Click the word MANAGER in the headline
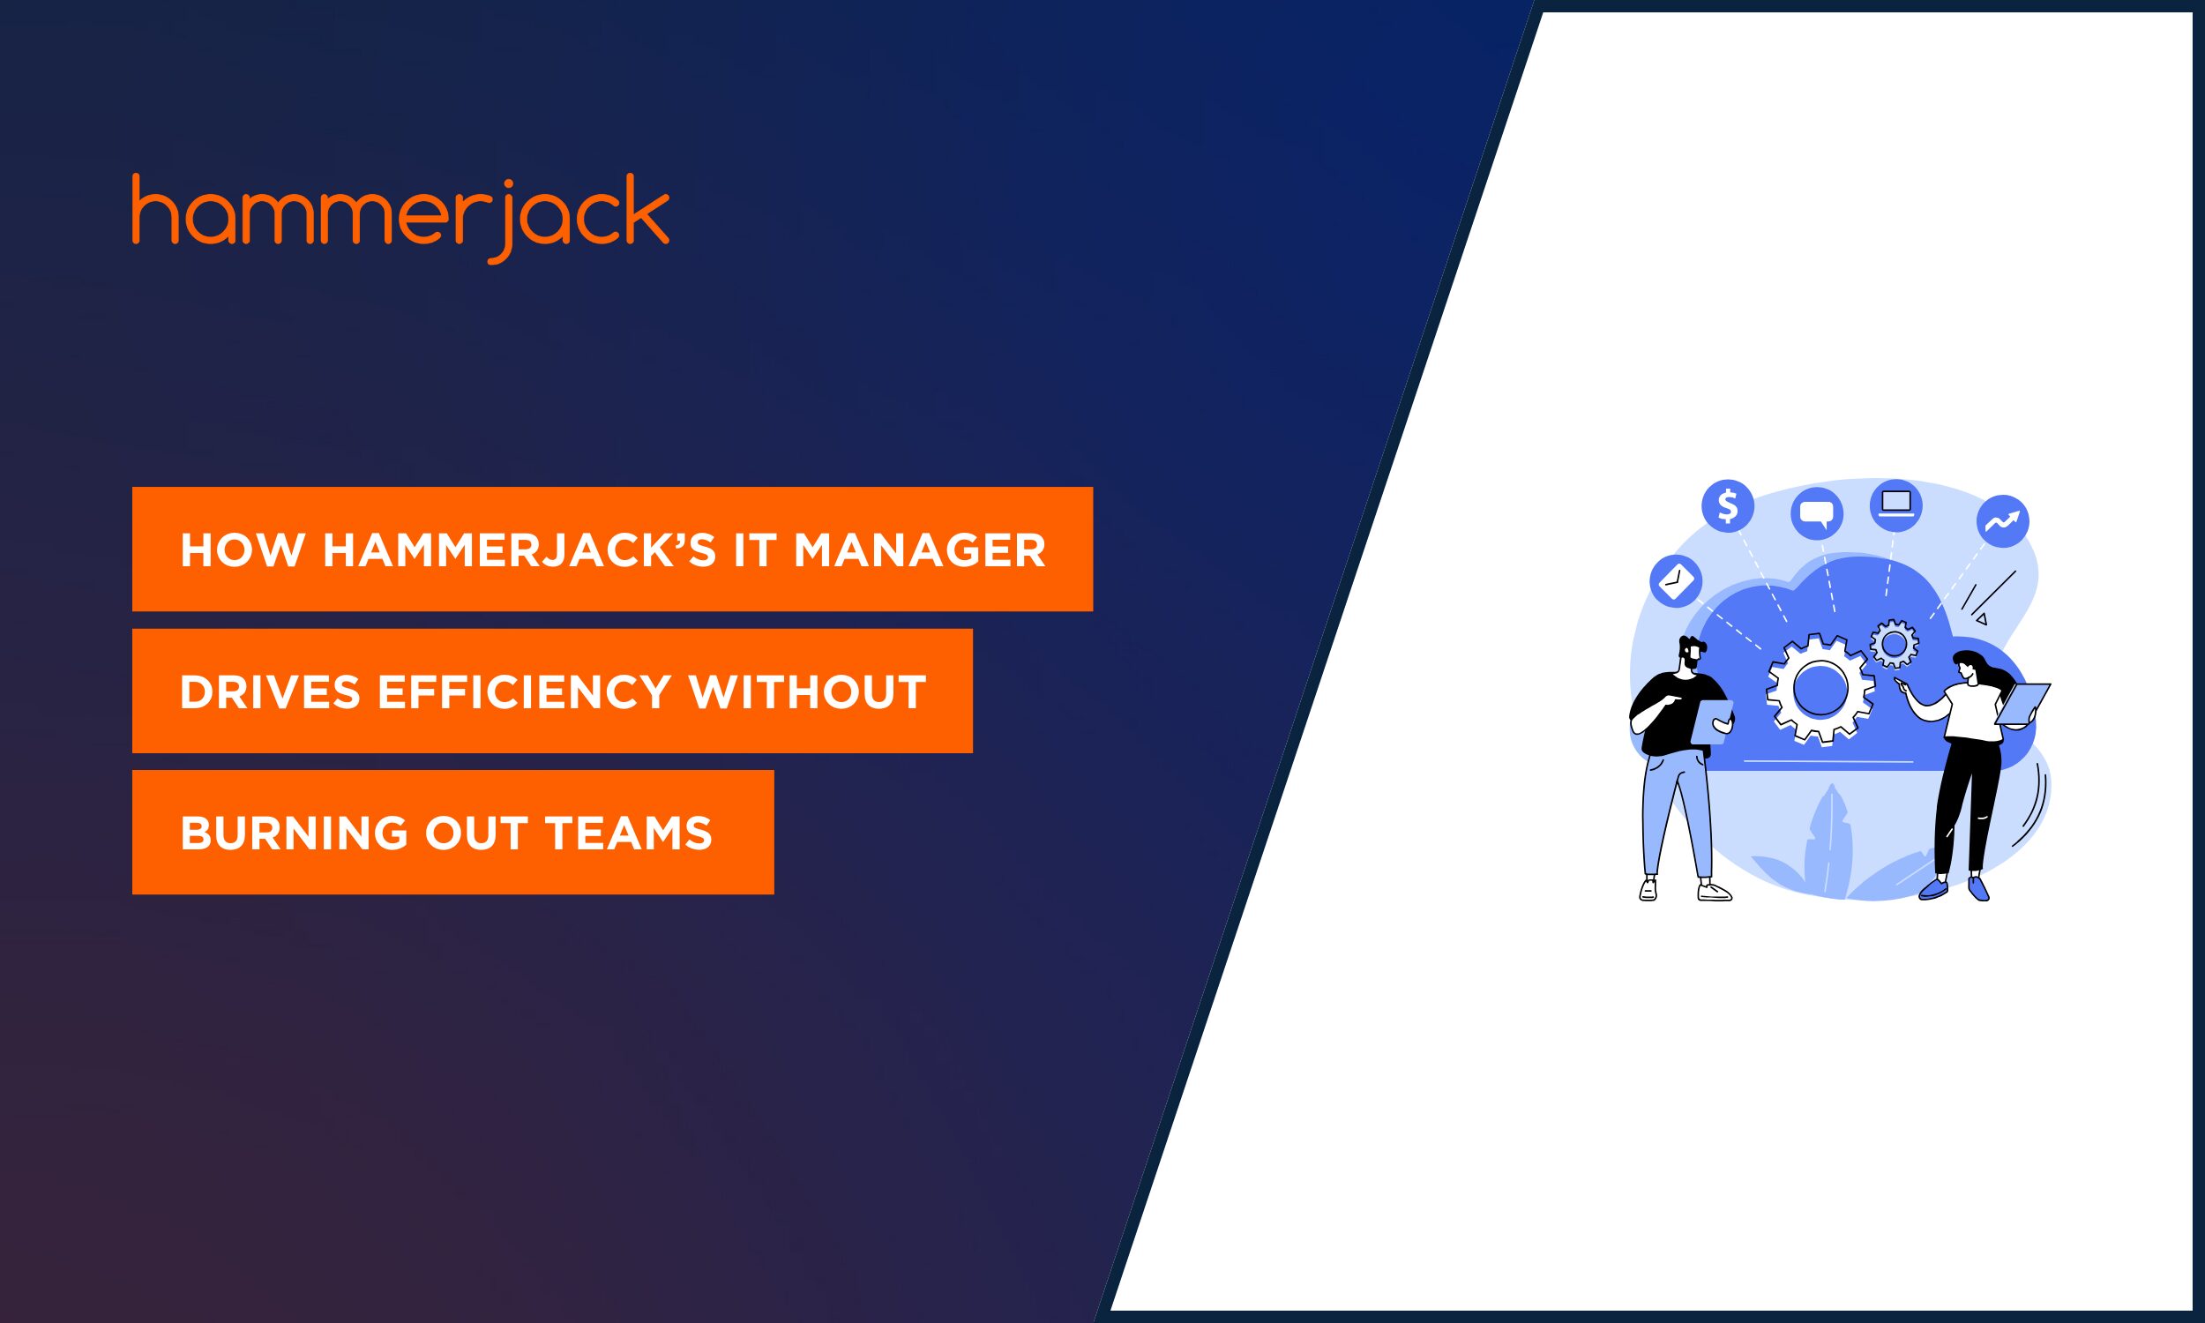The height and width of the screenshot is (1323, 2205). click(x=919, y=550)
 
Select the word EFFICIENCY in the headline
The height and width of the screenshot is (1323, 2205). click(x=524, y=691)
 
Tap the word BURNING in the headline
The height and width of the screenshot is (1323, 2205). click(x=294, y=833)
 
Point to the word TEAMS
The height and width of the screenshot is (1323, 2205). click(x=628, y=833)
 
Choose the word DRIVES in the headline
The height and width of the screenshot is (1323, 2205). click(x=270, y=691)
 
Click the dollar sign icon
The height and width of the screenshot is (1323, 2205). click(x=1727, y=506)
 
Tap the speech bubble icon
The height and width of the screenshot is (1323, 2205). click(x=1816, y=513)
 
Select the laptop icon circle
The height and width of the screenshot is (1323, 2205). click(x=1895, y=505)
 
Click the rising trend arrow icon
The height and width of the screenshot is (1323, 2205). click(x=2003, y=520)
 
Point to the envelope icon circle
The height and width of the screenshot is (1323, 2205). click(x=1676, y=581)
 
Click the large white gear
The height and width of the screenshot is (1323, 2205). click(x=1819, y=689)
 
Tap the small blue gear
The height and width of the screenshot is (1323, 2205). click(x=1894, y=644)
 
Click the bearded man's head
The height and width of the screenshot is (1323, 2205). click(x=1691, y=655)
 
